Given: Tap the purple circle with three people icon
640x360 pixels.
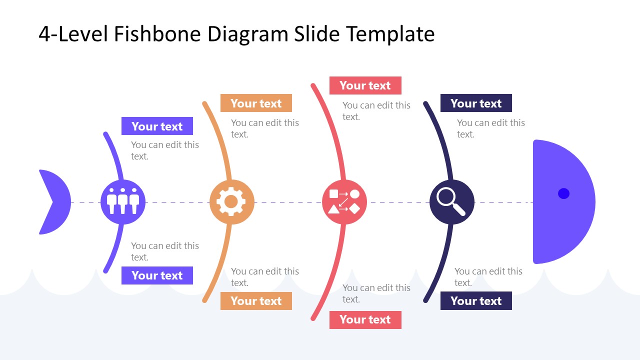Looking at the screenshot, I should point(123,202).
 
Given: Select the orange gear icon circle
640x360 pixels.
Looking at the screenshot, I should point(231,202).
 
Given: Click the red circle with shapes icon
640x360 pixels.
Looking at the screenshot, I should point(344,202).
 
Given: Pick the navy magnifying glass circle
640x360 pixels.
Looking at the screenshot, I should point(452,202).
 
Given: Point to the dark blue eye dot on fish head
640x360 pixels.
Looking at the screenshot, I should point(563,193).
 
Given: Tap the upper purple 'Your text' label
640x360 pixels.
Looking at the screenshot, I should point(157,126).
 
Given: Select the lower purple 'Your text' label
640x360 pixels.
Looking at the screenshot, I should point(157,275).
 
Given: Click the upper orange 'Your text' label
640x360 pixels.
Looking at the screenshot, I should point(256,103).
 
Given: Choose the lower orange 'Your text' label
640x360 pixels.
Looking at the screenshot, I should point(256,301).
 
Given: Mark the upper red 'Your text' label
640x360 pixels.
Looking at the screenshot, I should point(365,85).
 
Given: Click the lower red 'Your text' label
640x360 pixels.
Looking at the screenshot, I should point(365,320).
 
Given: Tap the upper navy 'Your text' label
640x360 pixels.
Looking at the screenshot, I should point(476,103).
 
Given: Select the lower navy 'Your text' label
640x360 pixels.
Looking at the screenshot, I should point(476,301).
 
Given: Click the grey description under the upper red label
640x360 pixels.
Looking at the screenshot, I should point(376,111).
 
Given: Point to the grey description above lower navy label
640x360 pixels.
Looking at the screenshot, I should point(488,277).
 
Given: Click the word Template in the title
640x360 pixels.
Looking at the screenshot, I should point(390,34).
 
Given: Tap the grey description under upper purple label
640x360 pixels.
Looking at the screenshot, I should point(164,150).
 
